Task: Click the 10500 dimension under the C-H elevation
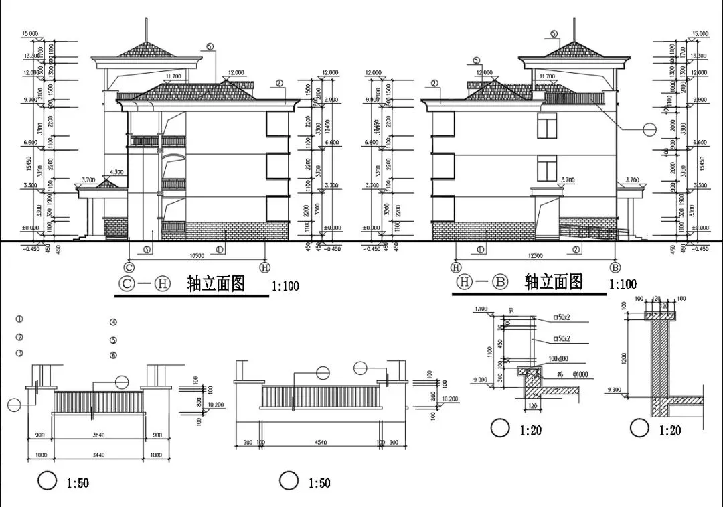click(x=197, y=256)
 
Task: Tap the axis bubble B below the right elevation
click(x=615, y=267)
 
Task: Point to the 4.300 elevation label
click(x=116, y=172)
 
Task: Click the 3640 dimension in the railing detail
click(x=98, y=435)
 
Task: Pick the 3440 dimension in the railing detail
click(x=98, y=455)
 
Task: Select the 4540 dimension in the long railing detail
click(x=322, y=442)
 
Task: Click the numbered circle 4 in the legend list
click(x=114, y=323)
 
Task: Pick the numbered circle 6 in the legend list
click(x=114, y=354)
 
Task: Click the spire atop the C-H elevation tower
click(x=146, y=30)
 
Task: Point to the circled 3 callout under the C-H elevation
click(x=147, y=250)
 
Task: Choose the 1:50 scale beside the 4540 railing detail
click(x=319, y=483)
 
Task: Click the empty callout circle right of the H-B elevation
click(x=650, y=129)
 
